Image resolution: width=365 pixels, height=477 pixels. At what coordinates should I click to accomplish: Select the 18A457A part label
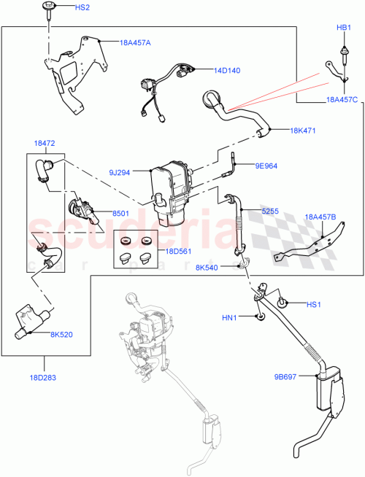(135, 42)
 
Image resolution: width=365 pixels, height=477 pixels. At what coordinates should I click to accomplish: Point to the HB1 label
(343, 28)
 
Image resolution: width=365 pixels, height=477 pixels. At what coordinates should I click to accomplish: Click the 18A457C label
(342, 99)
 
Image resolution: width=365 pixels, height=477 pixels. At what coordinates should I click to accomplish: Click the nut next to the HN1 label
(259, 317)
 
